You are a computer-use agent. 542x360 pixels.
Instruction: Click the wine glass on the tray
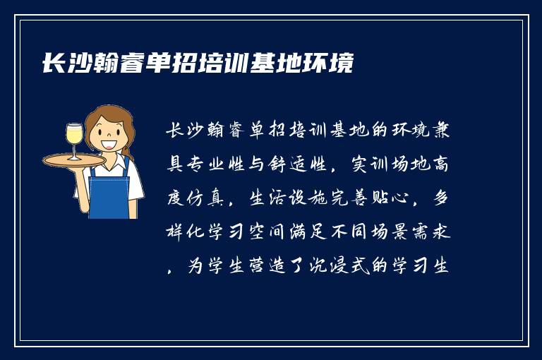[x=74, y=138]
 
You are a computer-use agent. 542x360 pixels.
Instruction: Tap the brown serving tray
[x=73, y=160]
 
